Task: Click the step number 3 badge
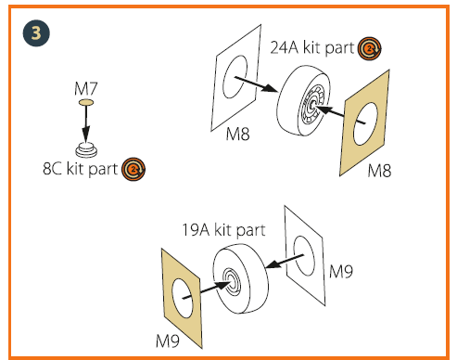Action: point(36,33)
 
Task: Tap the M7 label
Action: point(86,89)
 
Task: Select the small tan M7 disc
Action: point(86,102)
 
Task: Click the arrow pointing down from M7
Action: point(86,123)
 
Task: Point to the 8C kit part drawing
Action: point(86,150)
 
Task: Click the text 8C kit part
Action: point(80,169)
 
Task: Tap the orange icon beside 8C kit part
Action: point(133,169)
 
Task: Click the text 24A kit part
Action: point(312,48)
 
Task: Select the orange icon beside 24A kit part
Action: point(369,48)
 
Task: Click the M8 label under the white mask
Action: point(237,135)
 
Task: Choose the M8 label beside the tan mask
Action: point(379,171)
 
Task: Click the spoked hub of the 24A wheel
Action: point(312,105)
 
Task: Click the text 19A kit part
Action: point(223,230)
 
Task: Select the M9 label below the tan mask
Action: point(168,341)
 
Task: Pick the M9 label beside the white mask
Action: point(341,272)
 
